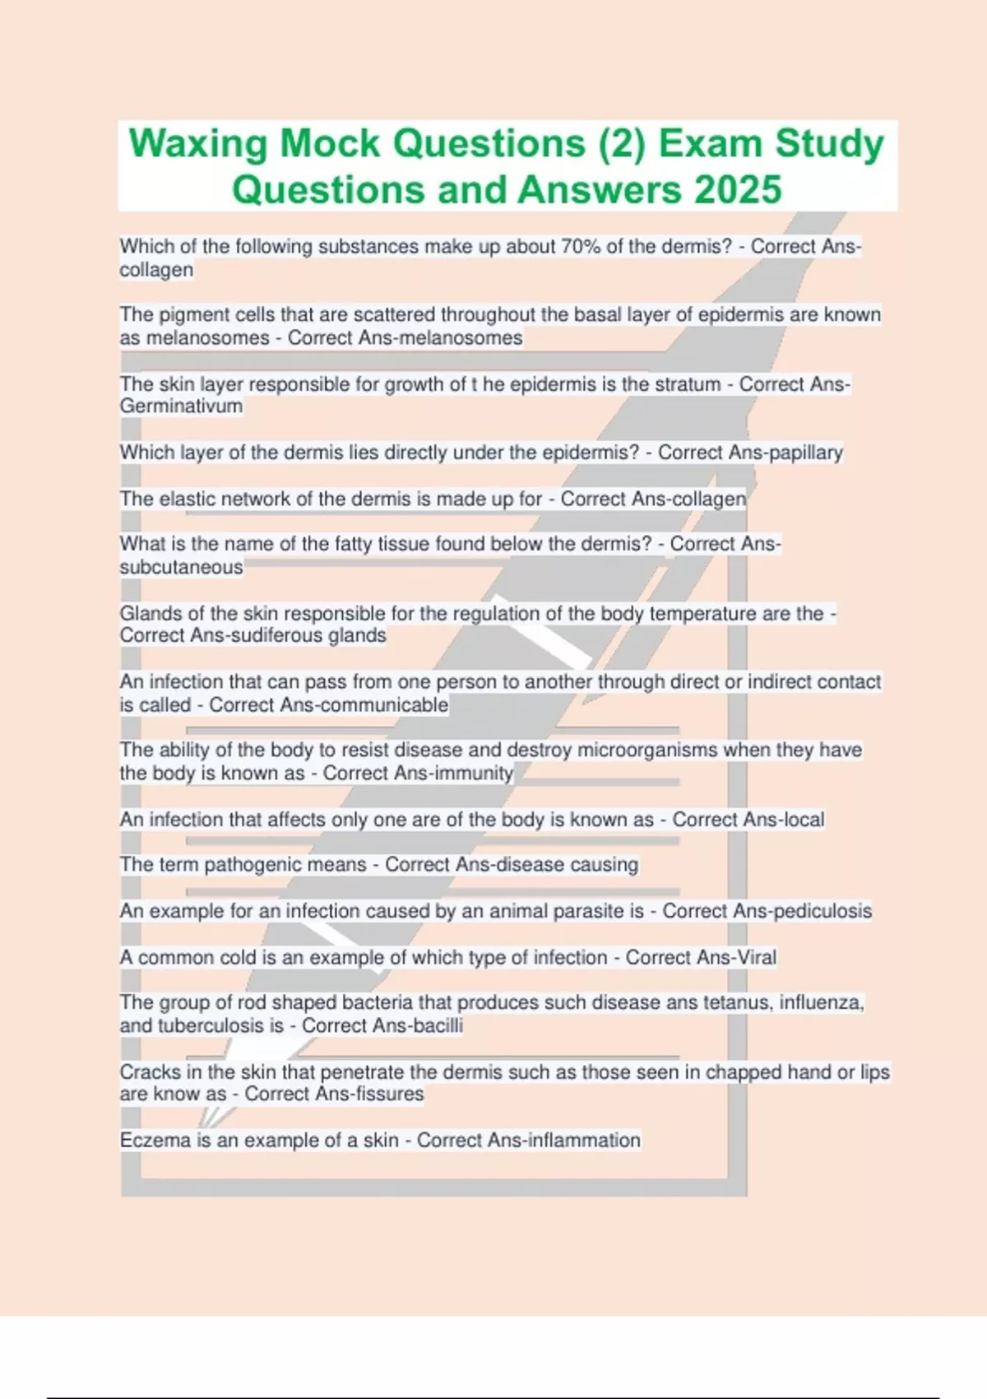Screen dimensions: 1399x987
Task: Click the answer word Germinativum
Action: pos(181,406)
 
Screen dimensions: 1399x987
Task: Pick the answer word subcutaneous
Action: pos(181,567)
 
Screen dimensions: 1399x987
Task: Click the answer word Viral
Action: pos(756,957)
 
